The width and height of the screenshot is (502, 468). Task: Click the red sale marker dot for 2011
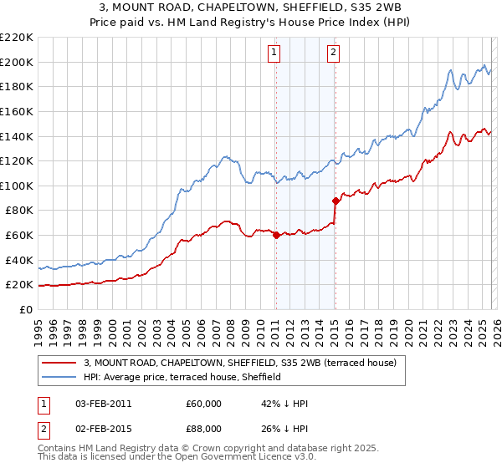coord(276,235)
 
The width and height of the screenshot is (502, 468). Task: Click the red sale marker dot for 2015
coord(336,201)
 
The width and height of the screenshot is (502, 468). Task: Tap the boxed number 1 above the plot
coord(274,53)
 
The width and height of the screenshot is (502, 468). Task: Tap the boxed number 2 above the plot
coord(333,53)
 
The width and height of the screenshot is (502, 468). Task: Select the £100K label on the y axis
coord(17,186)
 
